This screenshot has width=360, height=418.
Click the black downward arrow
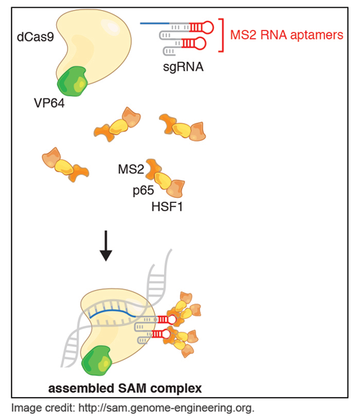pos(106,245)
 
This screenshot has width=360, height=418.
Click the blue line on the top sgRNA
pos(154,23)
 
